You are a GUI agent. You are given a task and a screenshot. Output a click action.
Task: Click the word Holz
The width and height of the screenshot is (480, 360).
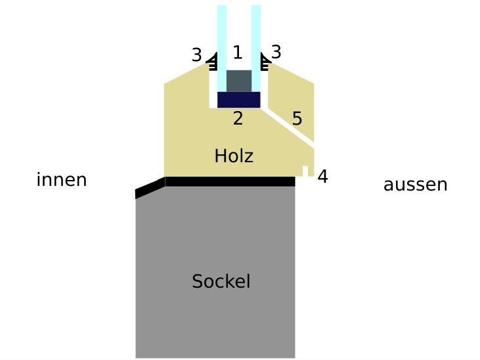tap(233, 156)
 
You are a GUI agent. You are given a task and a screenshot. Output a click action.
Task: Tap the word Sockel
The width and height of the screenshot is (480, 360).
tap(221, 282)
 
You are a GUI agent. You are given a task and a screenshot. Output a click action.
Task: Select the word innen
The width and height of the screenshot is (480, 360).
tap(62, 180)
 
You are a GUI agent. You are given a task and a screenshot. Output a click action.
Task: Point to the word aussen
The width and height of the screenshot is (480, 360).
tap(415, 185)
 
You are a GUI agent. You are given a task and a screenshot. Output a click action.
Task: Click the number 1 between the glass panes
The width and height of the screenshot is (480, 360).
tap(238, 53)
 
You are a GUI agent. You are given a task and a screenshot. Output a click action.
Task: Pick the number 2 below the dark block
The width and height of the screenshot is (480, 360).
tap(238, 118)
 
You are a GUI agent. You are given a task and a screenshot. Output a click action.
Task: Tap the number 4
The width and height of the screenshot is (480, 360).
tap(322, 176)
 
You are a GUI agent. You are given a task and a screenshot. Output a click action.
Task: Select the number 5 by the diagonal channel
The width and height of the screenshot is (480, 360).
tap(297, 119)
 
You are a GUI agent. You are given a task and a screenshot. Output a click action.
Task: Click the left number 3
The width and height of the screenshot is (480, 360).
tap(196, 55)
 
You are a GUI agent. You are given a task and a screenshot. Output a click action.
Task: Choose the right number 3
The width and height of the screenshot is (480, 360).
tap(276, 52)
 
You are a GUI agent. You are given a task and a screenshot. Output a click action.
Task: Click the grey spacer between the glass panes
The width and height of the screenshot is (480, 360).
tap(239, 80)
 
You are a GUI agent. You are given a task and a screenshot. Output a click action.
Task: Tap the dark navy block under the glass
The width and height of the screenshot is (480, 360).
tap(239, 99)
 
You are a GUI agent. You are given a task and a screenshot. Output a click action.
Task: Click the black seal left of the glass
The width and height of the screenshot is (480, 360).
tap(213, 62)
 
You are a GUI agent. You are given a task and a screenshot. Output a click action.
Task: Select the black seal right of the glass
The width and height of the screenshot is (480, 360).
tap(265, 61)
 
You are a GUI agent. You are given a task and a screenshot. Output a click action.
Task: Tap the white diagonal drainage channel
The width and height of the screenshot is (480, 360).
tap(289, 125)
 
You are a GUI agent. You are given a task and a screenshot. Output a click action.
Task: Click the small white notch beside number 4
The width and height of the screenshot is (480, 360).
tap(305, 171)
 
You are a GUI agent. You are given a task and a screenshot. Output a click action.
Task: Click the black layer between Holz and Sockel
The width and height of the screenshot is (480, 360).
tap(230, 181)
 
